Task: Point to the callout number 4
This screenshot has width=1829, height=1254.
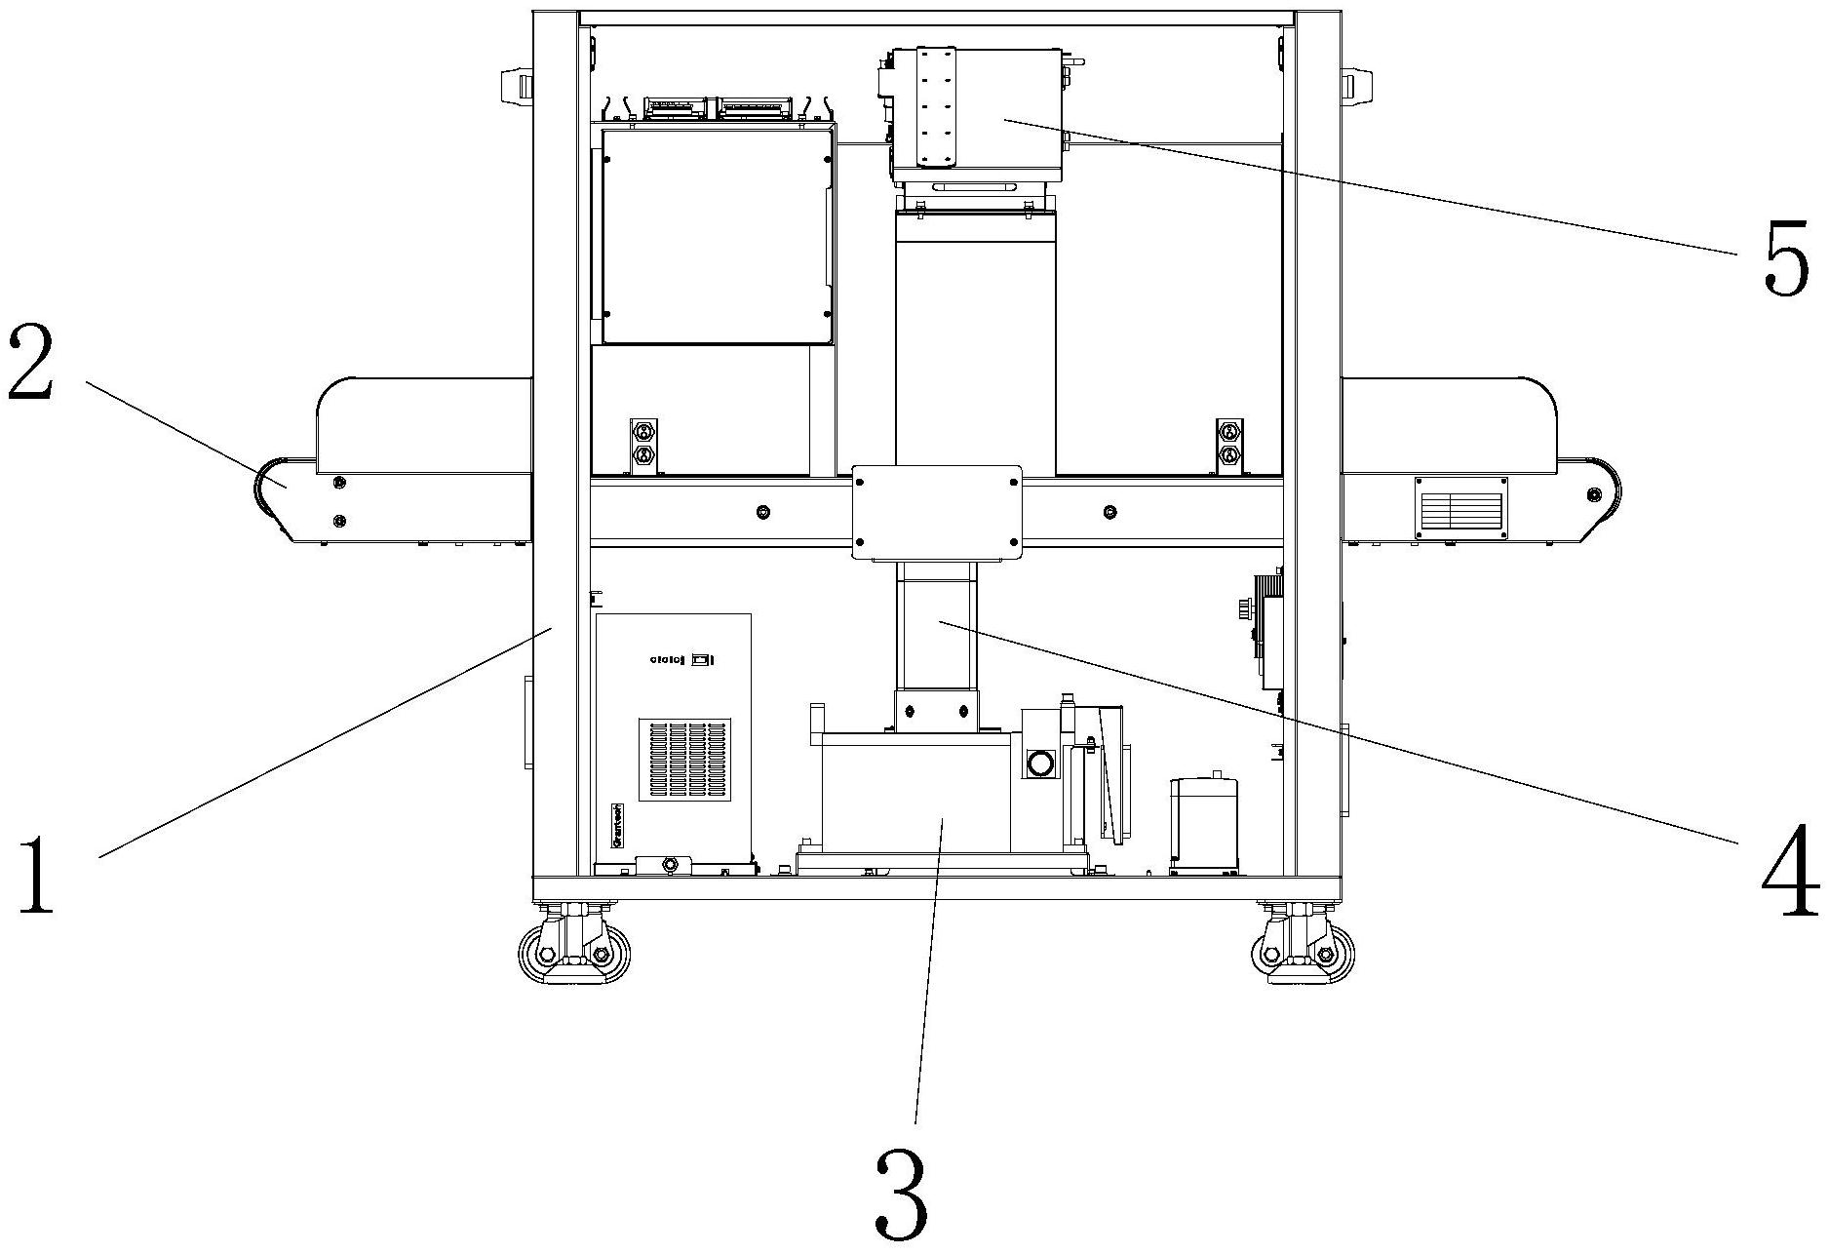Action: click(x=1790, y=871)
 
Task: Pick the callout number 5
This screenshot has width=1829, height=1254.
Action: click(x=1786, y=255)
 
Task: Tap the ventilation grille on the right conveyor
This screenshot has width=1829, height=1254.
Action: click(x=1460, y=508)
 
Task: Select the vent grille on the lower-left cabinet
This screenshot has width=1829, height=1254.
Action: click(x=684, y=761)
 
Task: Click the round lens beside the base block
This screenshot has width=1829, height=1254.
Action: click(x=1039, y=763)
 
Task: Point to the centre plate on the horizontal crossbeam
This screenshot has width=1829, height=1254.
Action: click(x=936, y=512)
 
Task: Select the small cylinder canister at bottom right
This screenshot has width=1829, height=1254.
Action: click(x=1203, y=821)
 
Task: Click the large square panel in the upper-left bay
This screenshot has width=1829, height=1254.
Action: click(x=716, y=236)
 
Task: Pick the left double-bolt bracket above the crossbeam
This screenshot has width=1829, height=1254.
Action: click(x=643, y=446)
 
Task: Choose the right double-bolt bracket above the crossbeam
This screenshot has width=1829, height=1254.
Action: click(x=1229, y=446)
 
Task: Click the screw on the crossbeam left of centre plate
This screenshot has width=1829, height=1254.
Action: click(x=762, y=512)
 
